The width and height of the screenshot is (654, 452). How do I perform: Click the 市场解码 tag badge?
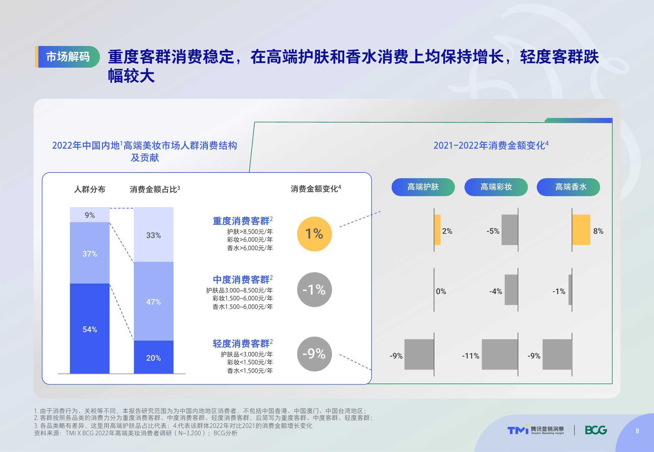pos(67,57)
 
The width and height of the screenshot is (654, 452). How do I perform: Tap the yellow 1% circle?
pos(314,234)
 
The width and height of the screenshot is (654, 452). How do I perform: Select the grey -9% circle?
pos(314,354)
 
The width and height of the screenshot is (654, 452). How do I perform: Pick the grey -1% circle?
pos(314,290)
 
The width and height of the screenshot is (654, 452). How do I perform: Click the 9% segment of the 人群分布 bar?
pos(90,215)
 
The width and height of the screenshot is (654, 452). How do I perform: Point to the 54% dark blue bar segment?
pos(90,328)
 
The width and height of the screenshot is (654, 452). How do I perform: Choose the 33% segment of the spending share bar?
pos(154,235)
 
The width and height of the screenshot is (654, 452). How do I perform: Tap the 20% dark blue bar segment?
pos(154,357)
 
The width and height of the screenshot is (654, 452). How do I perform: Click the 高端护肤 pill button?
pos(423,187)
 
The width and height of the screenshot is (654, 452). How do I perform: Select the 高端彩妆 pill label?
pos(496,187)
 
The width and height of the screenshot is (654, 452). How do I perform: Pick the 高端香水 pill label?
pos(568,187)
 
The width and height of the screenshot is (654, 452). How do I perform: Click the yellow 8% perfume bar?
pos(581,230)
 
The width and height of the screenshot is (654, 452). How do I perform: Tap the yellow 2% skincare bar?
pos(437,230)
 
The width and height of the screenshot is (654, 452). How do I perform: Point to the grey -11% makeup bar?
pos(500,354)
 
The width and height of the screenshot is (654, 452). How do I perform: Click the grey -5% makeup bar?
pos(510,230)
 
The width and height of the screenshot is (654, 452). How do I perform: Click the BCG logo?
pos(596,430)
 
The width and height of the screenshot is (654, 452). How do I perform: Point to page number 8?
pos(637,431)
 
